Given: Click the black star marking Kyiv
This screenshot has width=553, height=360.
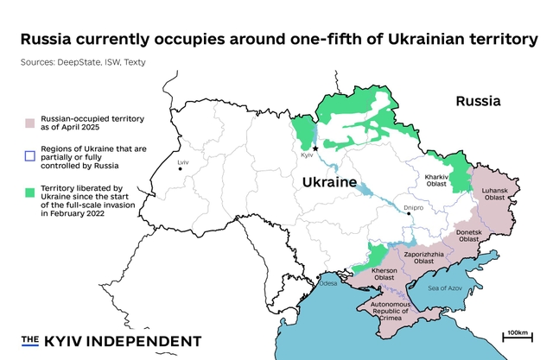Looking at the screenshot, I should pos(315,148).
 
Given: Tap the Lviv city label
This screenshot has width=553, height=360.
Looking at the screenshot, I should pos(182,162).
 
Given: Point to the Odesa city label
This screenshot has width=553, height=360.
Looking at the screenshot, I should pos(328,283).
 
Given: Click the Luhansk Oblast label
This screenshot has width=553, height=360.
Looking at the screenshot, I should pos(500,193).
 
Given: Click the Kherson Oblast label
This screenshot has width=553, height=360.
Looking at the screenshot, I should pos(384,274).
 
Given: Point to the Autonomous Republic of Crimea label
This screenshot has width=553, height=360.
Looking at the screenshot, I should pos(384,311).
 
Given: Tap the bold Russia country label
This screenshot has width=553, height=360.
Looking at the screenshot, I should pos(479,101).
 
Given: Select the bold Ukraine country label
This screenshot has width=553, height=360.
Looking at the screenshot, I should pos(329,183).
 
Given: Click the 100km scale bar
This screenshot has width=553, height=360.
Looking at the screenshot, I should pos(518,338).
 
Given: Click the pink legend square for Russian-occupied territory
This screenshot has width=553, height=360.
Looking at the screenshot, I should pos(30,122).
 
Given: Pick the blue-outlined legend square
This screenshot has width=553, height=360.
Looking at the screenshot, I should pos(30,156).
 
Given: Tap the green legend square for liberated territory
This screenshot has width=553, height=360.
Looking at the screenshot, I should pos(30,191).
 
